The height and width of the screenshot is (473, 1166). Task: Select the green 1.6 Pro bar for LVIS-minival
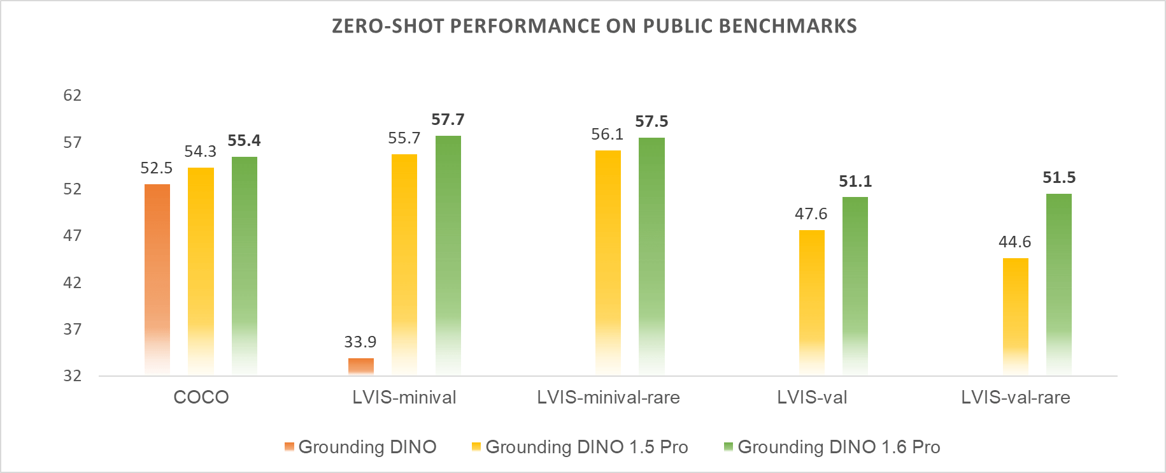(448, 255)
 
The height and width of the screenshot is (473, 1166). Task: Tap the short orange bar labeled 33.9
(361, 366)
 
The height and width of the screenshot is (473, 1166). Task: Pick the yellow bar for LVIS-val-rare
(1015, 316)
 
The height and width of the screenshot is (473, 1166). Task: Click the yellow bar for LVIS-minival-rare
(608, 262)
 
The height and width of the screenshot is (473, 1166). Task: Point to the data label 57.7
(448, 120)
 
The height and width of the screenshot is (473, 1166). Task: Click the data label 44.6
(1014, 242)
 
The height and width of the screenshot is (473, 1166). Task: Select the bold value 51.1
(855, 182)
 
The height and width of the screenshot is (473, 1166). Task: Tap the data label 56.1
(607, 135)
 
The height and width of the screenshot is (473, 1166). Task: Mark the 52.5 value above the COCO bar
(156, 168)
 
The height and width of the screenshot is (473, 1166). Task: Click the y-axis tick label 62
(73, 96)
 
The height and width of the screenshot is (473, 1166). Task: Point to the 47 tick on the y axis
(73, 236)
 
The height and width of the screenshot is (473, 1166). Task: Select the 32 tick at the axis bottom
(73, 375)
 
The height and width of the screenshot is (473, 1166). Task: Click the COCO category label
(201, 397)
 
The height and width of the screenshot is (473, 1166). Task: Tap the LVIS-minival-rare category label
(608, 397)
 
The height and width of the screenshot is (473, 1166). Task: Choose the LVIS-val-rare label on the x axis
(1015, 397)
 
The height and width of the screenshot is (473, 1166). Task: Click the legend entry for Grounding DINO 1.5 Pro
(587, 447)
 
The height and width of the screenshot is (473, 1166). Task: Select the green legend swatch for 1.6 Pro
(729, 447)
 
